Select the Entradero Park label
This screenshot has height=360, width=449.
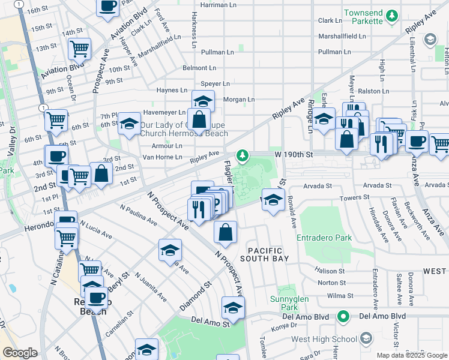(x=324, y=238)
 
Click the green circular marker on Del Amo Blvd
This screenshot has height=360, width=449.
(x=343, y=316)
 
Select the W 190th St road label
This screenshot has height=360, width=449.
(x=295, y=154)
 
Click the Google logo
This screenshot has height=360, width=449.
(x=20, y=353)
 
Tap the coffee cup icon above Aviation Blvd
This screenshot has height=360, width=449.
(x=107, y=7)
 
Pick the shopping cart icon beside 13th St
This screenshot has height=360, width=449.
(x=79, y=47)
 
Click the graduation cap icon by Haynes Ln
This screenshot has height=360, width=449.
(x=203, y=100)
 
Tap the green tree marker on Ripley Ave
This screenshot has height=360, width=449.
(x=242, y=156)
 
